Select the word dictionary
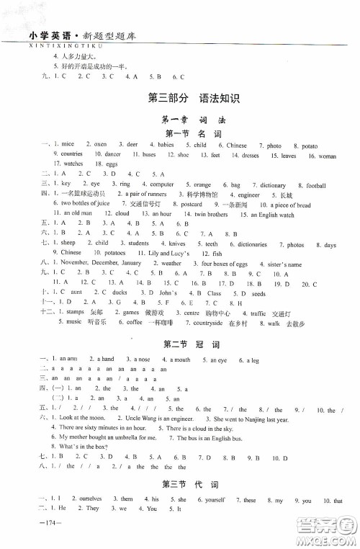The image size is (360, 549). [272, 185]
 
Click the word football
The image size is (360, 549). [316, 185]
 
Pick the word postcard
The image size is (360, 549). [191, 205]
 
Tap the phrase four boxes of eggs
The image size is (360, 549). [225, 264]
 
